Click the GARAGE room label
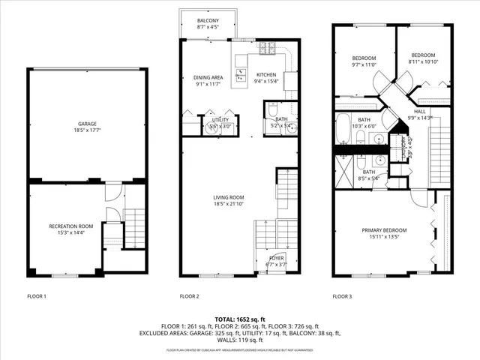pos(87,124)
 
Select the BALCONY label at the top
pos(208,20)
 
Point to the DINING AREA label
pos(208,77)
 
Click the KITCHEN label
pos(267,75)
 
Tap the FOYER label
pos(276,258)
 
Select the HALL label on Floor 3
pos(419,111)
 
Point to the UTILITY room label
pos(220,119)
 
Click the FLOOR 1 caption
pos(37,296)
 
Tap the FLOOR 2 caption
pos(189,296)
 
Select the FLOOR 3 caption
pos(342,296)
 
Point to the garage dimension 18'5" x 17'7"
pos(87,130)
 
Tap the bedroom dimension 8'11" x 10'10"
pos(423,61)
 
